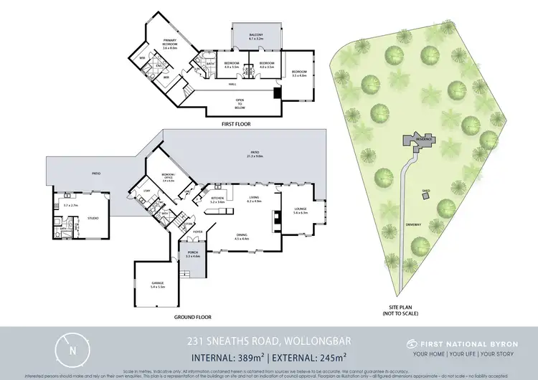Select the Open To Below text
pos(240,104)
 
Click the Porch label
pos(193,254)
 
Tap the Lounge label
pos(300,211)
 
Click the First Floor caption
pos(236,124)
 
